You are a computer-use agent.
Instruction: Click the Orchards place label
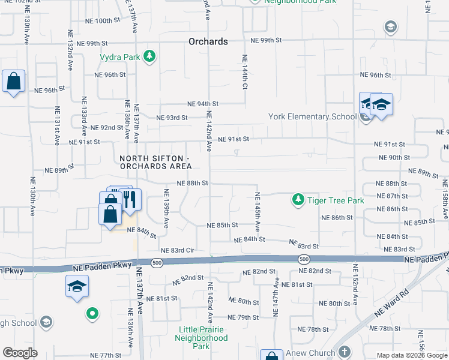pyautogui.click(x=208, y=42)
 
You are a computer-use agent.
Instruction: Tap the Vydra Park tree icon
pyautogui.click(x=149, y=57)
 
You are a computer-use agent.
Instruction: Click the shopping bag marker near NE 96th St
pyautogui.click(x=13, y=81)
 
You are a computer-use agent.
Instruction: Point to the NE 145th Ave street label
pyautogui.click(x=258, y=212)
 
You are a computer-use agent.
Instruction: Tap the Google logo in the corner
pyautogui.click(x=20, y=353)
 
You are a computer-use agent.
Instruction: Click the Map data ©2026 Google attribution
pyautogui.click(x=411, y=355)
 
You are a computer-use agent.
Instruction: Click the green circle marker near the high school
pyautogui.click(x=92, y=313)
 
